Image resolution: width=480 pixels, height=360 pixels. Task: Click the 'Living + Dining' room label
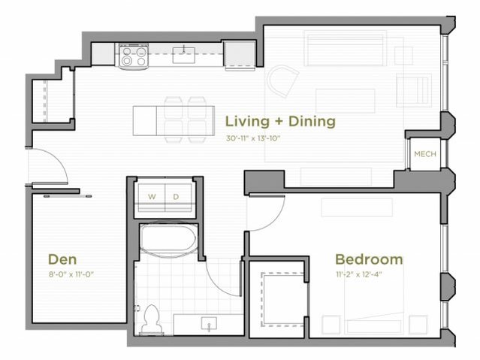coord(280,121)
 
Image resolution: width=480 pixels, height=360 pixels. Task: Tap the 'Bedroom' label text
coord(368,259)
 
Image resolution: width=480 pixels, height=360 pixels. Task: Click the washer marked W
coord(152,197)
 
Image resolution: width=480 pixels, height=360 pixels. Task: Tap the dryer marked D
coord(177,197)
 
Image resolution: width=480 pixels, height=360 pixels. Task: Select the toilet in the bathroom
coord(150,319)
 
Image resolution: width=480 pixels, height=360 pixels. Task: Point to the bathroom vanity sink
coord(207,323)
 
